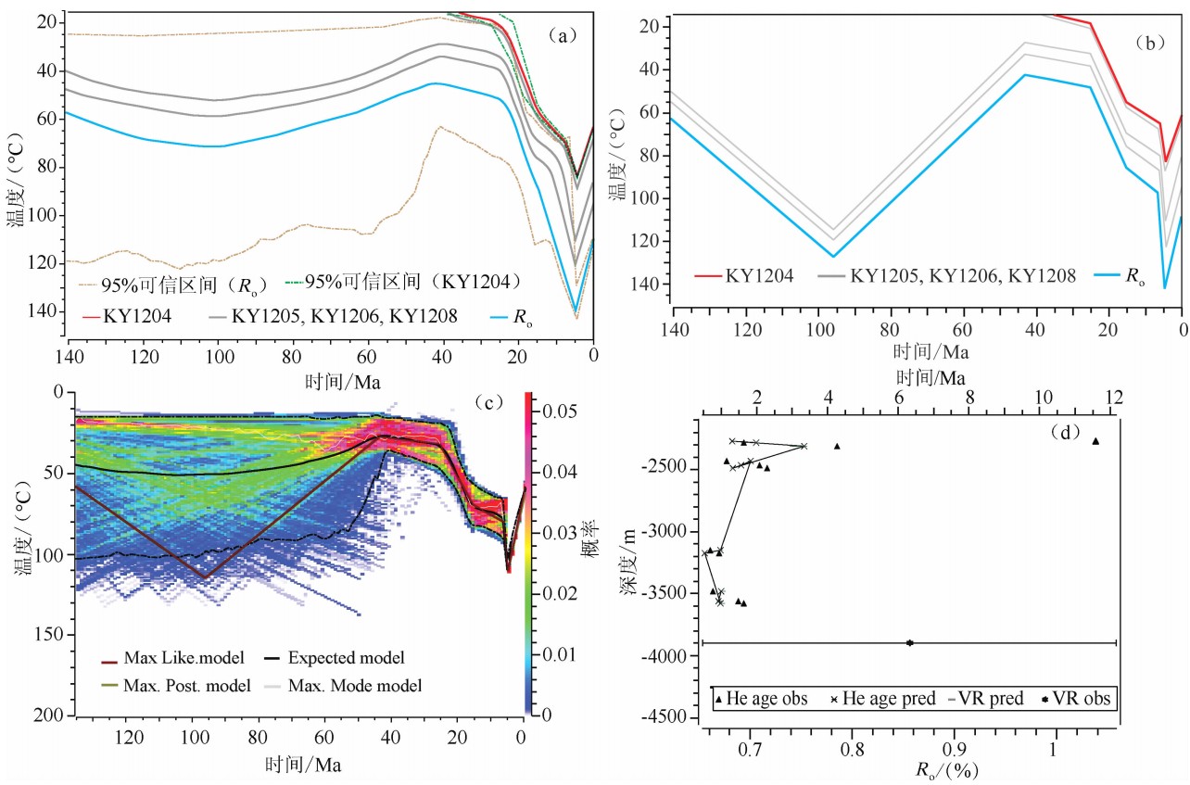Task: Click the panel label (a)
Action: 563,36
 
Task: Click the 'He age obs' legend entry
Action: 761,698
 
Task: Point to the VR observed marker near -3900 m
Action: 910,642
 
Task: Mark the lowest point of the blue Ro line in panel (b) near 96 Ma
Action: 832,256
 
